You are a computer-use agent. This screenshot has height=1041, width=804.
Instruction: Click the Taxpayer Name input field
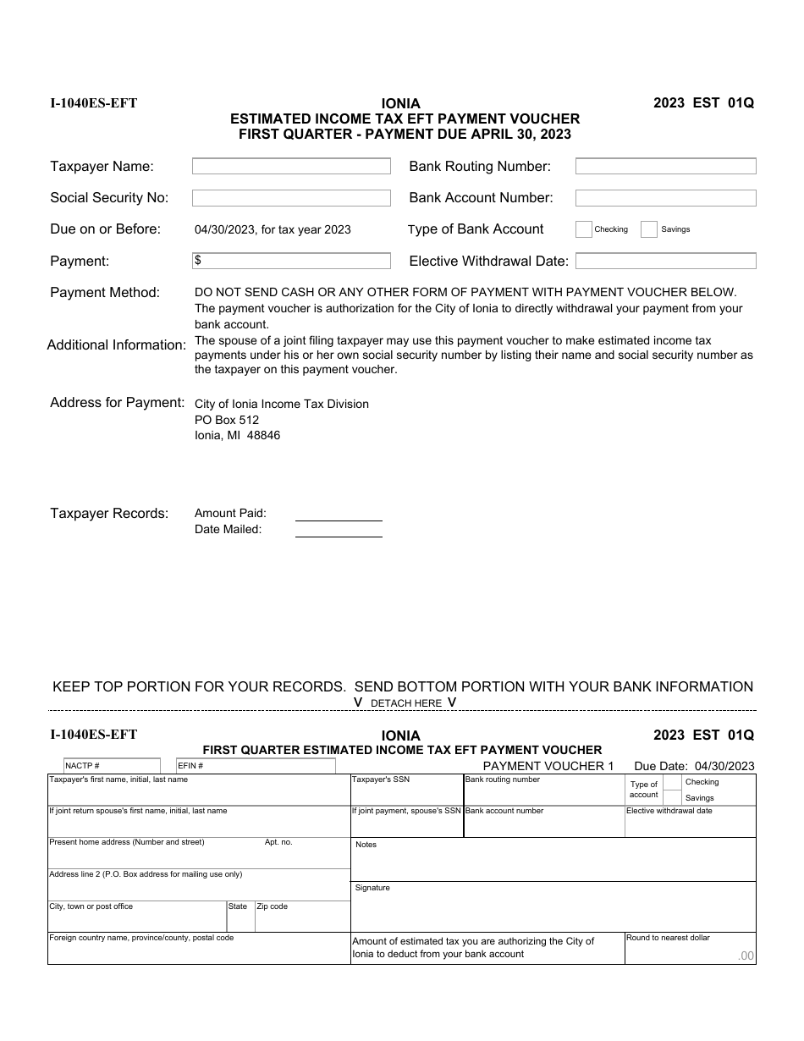(x=291, y=167)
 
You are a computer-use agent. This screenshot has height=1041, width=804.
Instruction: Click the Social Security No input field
(x=291, y=198)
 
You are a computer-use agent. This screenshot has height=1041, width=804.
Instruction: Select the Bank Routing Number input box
(x=665, y=167)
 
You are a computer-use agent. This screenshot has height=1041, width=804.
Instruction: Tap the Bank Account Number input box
(x=665, y=198)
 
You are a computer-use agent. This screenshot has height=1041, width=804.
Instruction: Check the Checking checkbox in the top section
(x=583, y=229)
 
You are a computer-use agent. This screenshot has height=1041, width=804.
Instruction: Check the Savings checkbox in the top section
(x=649, y=229)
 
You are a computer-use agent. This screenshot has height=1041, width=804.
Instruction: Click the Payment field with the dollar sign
(x=291, y=261)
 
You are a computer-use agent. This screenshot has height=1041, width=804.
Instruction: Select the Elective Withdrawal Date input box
(x=665, y=261)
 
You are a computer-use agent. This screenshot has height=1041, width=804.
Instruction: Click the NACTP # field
(x=112, y=766)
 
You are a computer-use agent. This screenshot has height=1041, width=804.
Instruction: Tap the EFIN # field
(x=256, y=766)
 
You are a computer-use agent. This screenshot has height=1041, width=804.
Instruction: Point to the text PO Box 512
(x=227, y=420)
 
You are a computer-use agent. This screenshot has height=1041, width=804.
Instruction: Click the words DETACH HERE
(x=406, y=703)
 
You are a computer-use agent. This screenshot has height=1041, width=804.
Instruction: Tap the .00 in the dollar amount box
(x=745, y=956)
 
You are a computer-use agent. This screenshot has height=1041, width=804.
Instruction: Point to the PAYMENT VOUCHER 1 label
(x=548, y=766)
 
